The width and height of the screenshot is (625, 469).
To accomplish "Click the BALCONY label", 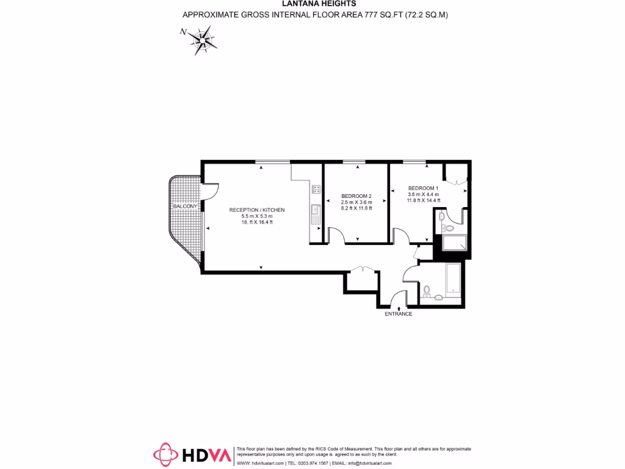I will pos(185,206).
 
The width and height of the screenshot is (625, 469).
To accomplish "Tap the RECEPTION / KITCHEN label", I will pos(257,210).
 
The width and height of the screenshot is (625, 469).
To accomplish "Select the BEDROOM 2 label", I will pos(356,195).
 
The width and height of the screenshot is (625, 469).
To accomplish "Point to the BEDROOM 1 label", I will pos(423,188).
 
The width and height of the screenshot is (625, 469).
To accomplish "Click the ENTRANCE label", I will pos(398,314).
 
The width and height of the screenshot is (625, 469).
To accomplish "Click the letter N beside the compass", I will pos(182,32).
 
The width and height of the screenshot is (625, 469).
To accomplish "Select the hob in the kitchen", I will pos(316,189).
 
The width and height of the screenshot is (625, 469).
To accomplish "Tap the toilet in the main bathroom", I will pos(427,289).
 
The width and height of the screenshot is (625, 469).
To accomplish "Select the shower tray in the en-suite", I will pos(455,244).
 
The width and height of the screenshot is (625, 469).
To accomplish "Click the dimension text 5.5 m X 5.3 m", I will pos(257,216).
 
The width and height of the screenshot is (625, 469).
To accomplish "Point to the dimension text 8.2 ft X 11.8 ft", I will pos(356,208).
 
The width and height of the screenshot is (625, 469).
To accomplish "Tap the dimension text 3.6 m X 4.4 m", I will pos(423,194).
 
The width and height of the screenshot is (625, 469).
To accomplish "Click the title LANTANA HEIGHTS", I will pos(316,4).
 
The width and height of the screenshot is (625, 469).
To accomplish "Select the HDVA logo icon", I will pos(164,455).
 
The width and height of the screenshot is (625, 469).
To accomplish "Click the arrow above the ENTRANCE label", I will pos(399,300).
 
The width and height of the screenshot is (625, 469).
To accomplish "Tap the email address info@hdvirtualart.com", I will pos(374,464).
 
